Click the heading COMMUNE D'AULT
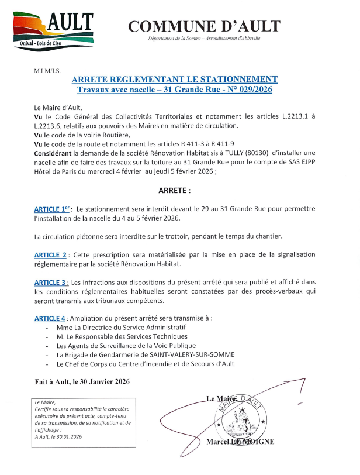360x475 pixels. tap(204, 26)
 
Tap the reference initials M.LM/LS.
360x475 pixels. tap(48, 71)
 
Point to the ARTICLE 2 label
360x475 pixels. tap(50, 255)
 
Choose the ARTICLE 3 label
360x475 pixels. tap(51, 283)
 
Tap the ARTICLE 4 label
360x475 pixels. tap(50, 318)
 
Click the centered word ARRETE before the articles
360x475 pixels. tap(175, 191)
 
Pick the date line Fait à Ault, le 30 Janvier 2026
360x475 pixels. tap(82, 381)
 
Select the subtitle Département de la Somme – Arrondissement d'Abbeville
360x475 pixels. tap(204, 39)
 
